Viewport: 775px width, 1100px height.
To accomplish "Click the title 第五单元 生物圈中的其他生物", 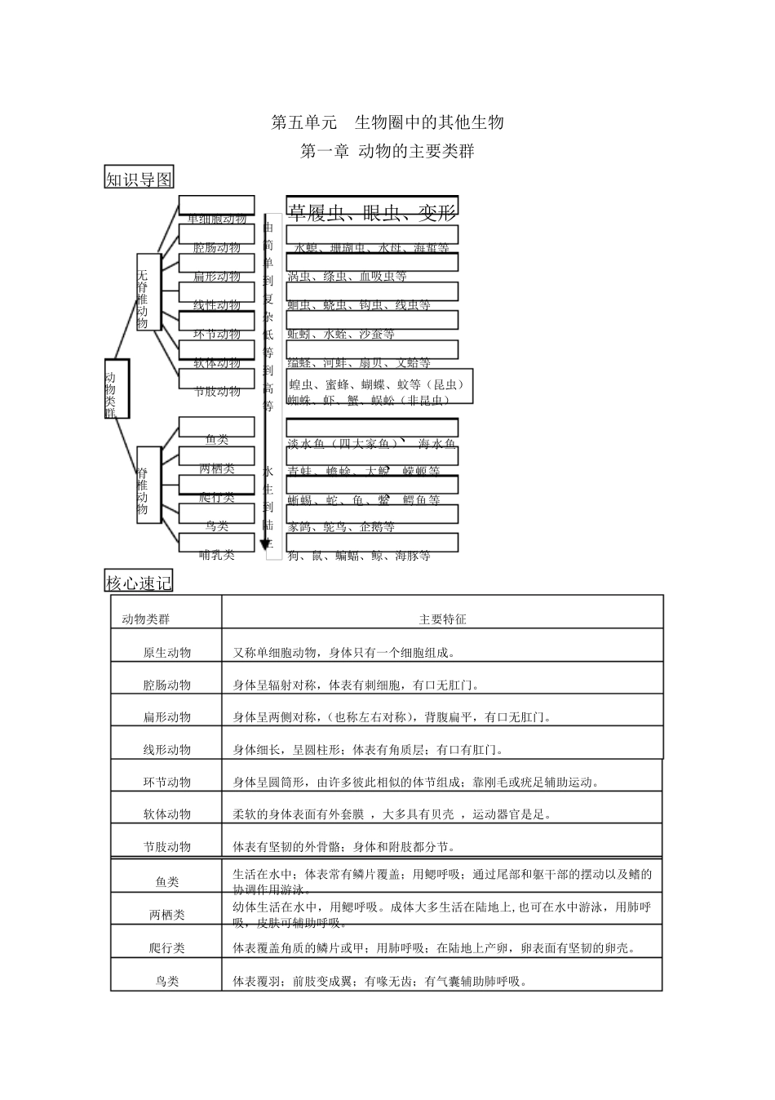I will [387, 122].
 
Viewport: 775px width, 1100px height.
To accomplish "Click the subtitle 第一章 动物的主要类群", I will [387, 151].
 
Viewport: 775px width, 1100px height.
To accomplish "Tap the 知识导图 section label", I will [139, 178].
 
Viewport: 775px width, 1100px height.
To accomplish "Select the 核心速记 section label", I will [139, 582].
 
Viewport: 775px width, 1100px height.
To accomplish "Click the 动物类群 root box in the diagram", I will [115, 388].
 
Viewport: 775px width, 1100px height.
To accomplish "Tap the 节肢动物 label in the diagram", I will [217, 392].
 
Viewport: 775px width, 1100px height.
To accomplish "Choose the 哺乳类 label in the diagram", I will [217, 555].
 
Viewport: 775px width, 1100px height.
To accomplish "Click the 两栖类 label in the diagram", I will [217, 469].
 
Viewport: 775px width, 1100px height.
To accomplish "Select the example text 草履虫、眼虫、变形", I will [372, 214].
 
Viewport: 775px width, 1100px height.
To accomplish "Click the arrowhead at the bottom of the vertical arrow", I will [265, 544].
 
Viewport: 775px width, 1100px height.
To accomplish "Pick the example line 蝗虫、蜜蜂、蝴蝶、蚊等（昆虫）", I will [376, 384].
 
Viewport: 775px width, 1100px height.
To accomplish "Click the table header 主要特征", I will [442, 619].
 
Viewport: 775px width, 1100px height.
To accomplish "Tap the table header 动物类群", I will [146, 619].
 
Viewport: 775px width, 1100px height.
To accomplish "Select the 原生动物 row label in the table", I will [167, 653].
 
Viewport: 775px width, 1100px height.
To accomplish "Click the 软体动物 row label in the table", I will [167, 814].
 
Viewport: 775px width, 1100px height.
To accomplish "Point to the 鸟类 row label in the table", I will [167, 982].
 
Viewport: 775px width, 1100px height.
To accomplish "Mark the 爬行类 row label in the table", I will [167, 948].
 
